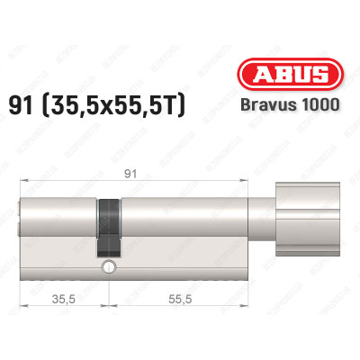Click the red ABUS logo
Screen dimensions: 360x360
pyautogui.click(x=300, y=76)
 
